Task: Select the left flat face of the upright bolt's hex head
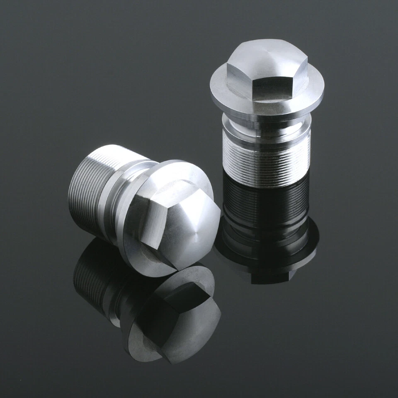coord(240,80)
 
